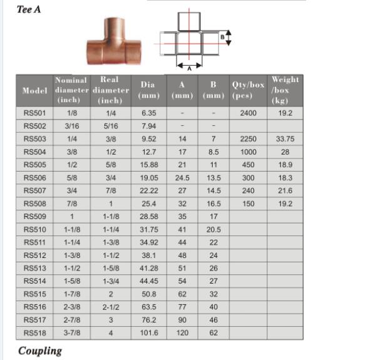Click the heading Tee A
click(30, 9)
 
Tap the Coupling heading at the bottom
click(40, 350)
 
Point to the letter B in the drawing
click(222, 38)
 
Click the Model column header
click(35, 91)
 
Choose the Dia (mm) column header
click(148, 91)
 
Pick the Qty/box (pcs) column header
click(248, 91)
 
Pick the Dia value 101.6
click(148, 333)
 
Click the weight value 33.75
click(285, 139)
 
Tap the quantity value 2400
click(248, 113)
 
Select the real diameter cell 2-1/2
click(110, 307)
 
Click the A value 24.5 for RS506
click(183, 178)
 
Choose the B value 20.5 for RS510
click(213, 229)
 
